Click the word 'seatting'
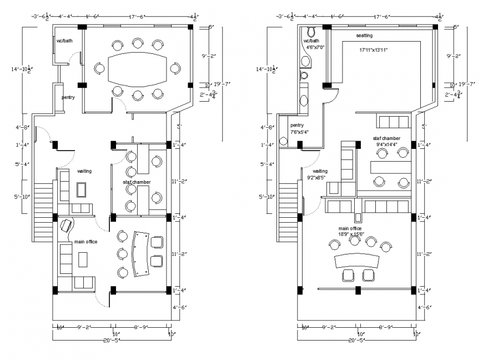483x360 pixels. [364, 36]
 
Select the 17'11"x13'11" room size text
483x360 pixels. [373, 50]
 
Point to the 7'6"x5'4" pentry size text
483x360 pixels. [299, 132]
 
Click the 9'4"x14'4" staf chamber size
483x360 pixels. [388, 144]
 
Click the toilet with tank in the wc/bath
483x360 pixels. [311, 31]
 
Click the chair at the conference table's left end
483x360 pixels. [99, 68]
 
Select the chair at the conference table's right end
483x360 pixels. [175, 68]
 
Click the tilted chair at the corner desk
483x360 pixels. [66, 226]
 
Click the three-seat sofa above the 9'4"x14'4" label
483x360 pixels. [393, 121]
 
